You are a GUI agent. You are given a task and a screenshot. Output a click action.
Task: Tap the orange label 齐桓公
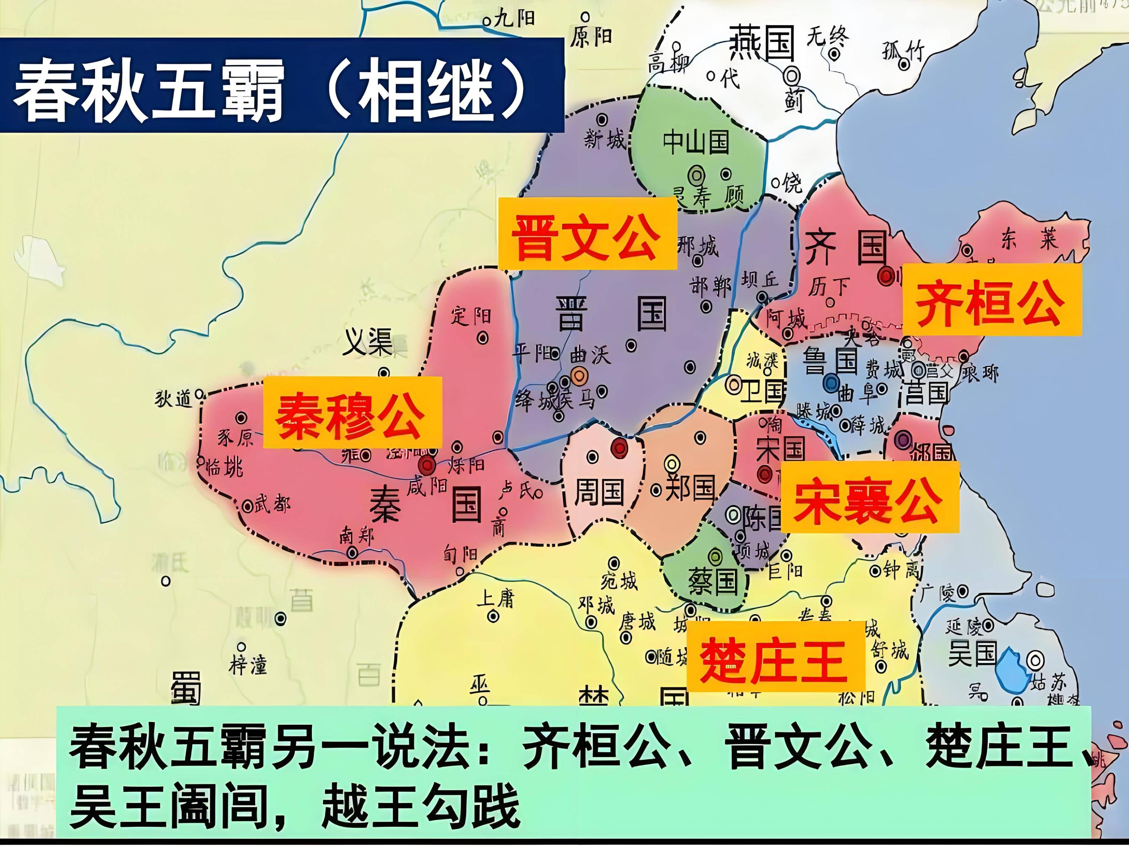pos(992,300)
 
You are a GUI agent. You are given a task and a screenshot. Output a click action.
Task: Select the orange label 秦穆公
pos(352,413)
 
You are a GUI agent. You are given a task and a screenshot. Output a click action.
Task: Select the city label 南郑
pos(357,536)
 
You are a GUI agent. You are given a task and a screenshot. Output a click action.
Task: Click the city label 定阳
pos(470,316)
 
